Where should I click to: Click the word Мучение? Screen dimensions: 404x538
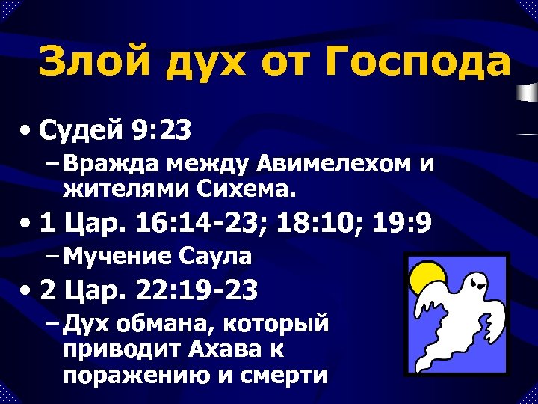point(119,258)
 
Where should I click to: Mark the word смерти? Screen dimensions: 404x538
point(284,374)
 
